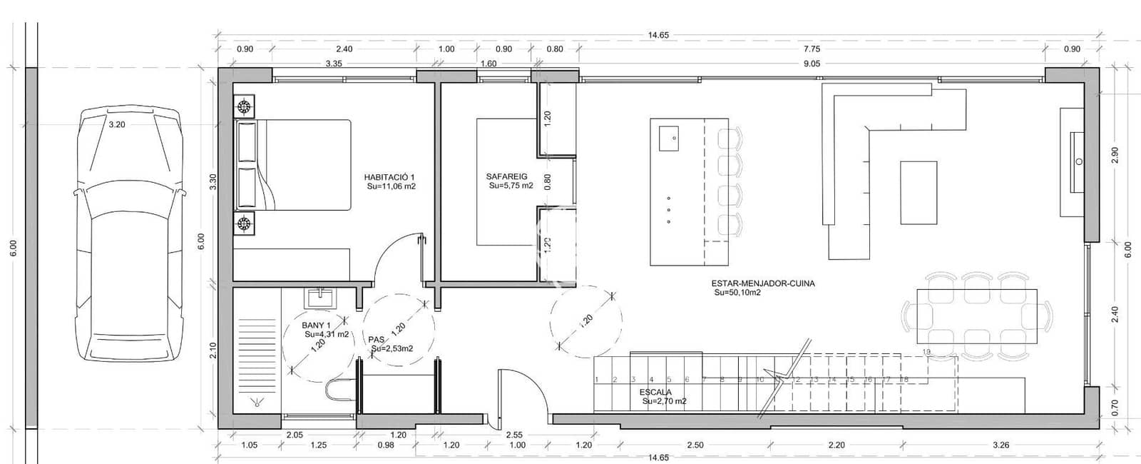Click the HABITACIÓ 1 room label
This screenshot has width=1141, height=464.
pos(389,177)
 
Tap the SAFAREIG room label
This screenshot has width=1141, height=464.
pos(506,176)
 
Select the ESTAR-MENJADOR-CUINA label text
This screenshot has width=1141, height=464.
pos(763,283)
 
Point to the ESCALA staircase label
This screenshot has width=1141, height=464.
pos(655,392)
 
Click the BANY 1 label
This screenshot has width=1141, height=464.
pos(316,326)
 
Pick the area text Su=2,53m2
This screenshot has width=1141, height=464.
pos(392,348)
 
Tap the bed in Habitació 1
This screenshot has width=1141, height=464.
pos(303,165)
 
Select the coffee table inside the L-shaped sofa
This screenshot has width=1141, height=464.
pos(919,193)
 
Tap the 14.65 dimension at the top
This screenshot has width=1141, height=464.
pos(658,35)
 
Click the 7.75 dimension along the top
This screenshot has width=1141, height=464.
pos(812,49)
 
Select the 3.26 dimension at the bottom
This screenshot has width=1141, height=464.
pos(1001,445)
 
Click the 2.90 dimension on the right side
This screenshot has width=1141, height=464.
pos(1115,155)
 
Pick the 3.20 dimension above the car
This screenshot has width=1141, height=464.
pos(116,124)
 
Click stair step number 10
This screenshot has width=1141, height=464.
pos(759,380)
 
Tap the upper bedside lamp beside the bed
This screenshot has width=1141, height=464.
pos(245,108)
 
